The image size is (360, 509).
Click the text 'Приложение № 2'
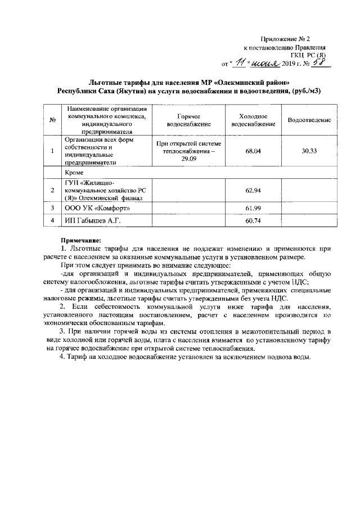point(286,39)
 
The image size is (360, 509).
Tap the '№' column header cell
point(52,120)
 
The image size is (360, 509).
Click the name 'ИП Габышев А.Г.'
point(92,221)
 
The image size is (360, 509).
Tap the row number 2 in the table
point(52,191)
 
